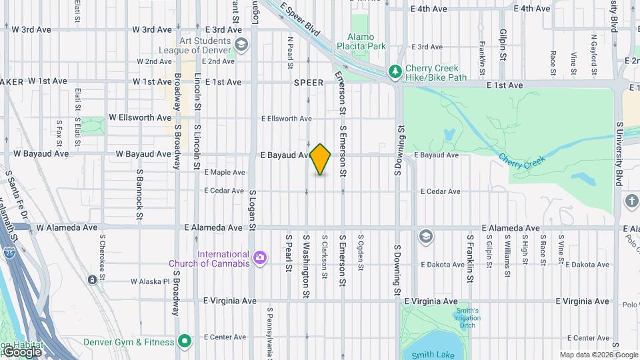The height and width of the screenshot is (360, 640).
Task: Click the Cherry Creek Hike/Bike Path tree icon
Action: [395, 70]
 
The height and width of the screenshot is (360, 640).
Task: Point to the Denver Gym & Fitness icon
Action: [185, 342]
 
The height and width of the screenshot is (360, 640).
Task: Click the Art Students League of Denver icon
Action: [241, 45]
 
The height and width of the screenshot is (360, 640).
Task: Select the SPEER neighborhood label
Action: [309, 83]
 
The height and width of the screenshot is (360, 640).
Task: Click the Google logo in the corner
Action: [21, 351]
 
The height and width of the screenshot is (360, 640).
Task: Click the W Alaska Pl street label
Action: [150, 281]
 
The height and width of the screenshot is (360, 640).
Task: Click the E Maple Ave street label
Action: [225, 172]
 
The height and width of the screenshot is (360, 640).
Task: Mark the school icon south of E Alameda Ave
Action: [425, 236]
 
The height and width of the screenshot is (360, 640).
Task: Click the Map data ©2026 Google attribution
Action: [599, 355]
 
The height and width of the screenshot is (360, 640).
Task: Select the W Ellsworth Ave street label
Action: [140, 117]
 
